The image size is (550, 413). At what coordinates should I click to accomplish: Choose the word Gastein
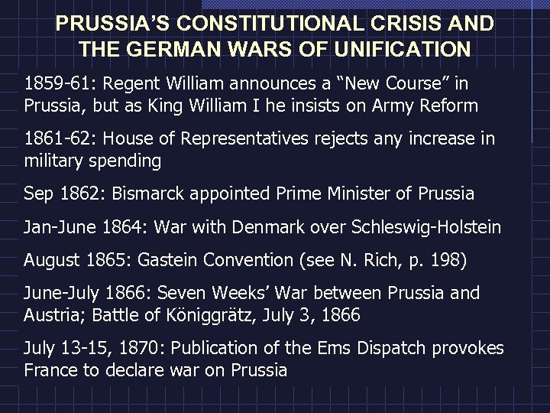tap(174, 261)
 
